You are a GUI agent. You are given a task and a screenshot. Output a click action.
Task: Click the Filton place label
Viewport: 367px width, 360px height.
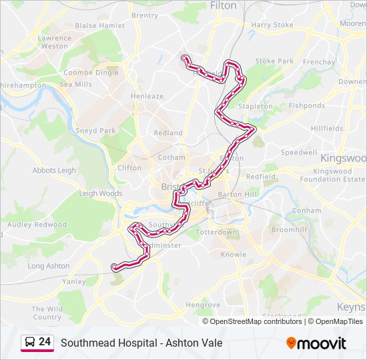pos(223,5)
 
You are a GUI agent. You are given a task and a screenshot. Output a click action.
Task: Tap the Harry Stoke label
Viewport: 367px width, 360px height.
pos(272,25)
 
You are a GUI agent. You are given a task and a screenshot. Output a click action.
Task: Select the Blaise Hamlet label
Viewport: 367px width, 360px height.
pos(100,25)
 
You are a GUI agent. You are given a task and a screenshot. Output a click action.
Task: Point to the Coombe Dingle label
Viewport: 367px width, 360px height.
pos(91,73)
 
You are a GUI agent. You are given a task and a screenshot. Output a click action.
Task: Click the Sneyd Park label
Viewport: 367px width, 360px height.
pos(96,131)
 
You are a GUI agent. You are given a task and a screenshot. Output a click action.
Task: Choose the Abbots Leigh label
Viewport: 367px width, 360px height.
pos(54,170)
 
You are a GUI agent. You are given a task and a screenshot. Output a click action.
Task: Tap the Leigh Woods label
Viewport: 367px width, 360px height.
pos(101,193)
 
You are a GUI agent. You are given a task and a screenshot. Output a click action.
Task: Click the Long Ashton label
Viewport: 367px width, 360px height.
pos(49,266)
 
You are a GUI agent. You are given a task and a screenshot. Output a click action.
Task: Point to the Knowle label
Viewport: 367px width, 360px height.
pos(234,255)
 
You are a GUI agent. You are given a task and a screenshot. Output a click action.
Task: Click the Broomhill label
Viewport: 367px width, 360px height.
pos(288,229)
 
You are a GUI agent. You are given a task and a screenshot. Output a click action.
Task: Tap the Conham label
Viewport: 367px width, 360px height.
pos(306,210)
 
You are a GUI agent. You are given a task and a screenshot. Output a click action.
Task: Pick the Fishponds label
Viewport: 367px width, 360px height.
pos(307,105)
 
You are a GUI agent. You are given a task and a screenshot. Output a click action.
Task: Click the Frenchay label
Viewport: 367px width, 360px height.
pos(318,62)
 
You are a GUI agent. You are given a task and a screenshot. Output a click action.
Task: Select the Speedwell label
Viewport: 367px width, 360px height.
pos(298,152)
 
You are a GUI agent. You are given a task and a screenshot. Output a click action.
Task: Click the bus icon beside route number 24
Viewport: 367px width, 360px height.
pos(29,343)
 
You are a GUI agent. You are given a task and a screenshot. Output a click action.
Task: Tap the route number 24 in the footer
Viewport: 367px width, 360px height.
pos(45,342)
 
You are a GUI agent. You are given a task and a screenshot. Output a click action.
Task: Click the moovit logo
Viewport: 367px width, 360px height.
pos(316,343)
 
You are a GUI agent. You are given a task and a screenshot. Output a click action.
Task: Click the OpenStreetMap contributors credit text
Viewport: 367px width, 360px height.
pos(256,321)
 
